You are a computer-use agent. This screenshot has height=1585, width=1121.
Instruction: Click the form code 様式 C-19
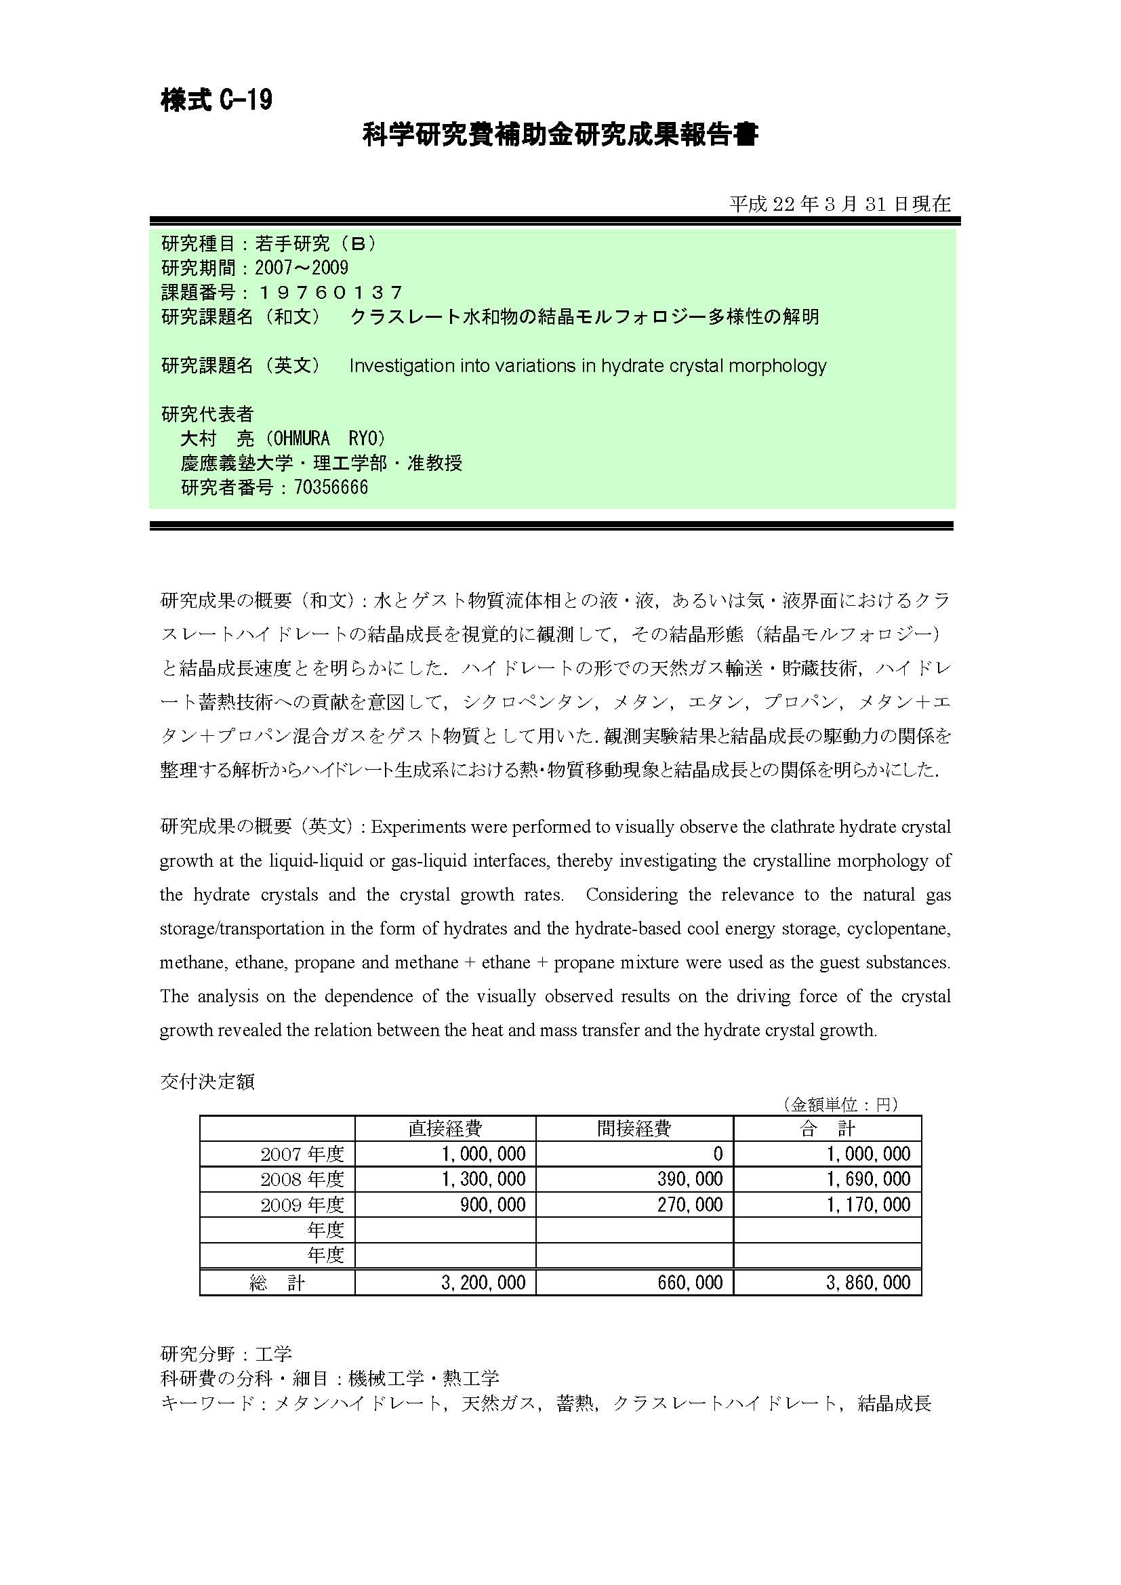pos(217,101)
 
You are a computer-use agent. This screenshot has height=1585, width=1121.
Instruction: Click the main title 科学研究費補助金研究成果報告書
pos(560,135)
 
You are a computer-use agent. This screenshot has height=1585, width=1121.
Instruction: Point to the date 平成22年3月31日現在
pos(840,204)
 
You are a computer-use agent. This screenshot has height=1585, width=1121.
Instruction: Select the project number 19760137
pos(329,293)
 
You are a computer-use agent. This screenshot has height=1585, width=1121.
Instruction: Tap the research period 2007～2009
pos(302,268)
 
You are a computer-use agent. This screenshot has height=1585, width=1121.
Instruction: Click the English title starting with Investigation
pos(588,366)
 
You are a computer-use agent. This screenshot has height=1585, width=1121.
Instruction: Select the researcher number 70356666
pos(331,487)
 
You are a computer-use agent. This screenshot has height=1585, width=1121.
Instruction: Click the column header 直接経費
pos(445,1129)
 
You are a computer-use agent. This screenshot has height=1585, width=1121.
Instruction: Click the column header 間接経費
pos(634,1129)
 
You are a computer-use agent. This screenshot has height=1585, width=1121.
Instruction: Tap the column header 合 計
pos(827,1129)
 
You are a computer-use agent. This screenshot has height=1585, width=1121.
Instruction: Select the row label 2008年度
pos(302,1179)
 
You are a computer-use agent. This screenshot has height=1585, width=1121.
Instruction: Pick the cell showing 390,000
pos(689,1179)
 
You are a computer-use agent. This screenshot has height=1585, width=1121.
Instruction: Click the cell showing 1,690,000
pos(868,1179)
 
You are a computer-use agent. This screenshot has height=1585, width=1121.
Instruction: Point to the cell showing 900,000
pos(492,1205)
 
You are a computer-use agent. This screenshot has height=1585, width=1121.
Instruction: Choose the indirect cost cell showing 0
pos(718,1153)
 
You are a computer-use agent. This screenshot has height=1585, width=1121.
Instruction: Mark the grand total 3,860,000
pos(868,1283)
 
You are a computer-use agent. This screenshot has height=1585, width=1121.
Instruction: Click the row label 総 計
pos(277,1283)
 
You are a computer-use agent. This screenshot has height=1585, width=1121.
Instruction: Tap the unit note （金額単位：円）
pos(840,1105)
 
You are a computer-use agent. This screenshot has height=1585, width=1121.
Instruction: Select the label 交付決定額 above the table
pos(207,1081)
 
